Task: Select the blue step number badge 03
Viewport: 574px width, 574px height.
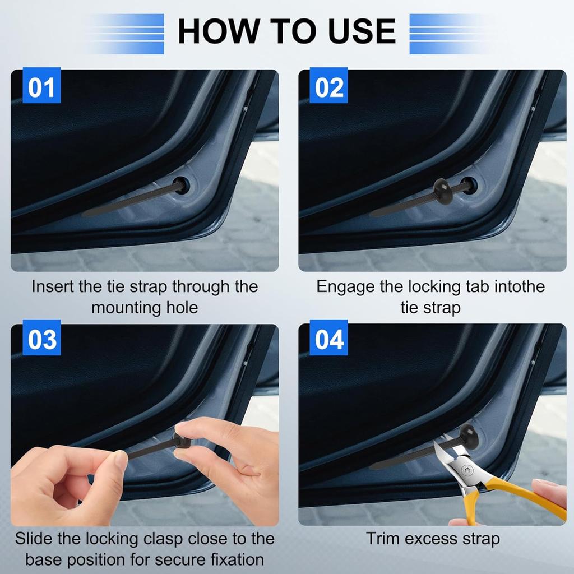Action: (41, 339)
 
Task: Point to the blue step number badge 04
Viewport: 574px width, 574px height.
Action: (328, 339)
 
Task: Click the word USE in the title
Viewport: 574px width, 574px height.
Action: (362, 31)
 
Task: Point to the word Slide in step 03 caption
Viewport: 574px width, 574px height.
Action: (34, 539)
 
